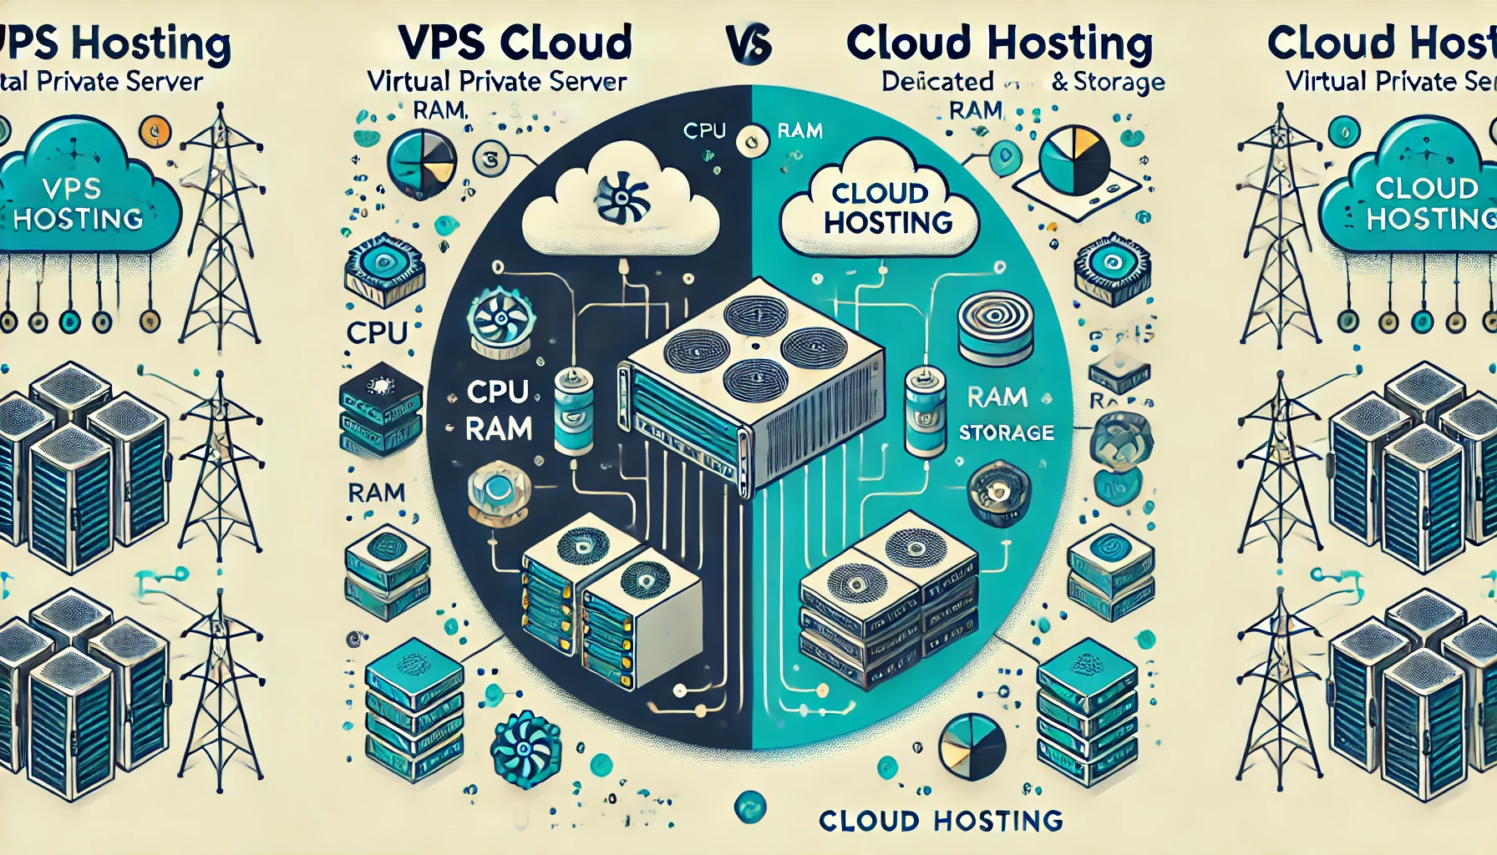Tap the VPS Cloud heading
point(515,42)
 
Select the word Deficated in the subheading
point(937,82)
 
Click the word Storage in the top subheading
point(1119,82)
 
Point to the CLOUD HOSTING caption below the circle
point(941,821)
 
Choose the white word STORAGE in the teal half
point(1006,433)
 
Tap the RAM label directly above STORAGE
point(997,397)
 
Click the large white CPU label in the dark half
point(497,392)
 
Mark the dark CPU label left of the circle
point(376,332)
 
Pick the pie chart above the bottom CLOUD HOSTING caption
point(972,745)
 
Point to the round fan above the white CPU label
point(500,321)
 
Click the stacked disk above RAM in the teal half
point(996,328)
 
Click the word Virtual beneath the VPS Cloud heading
point(408,82)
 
